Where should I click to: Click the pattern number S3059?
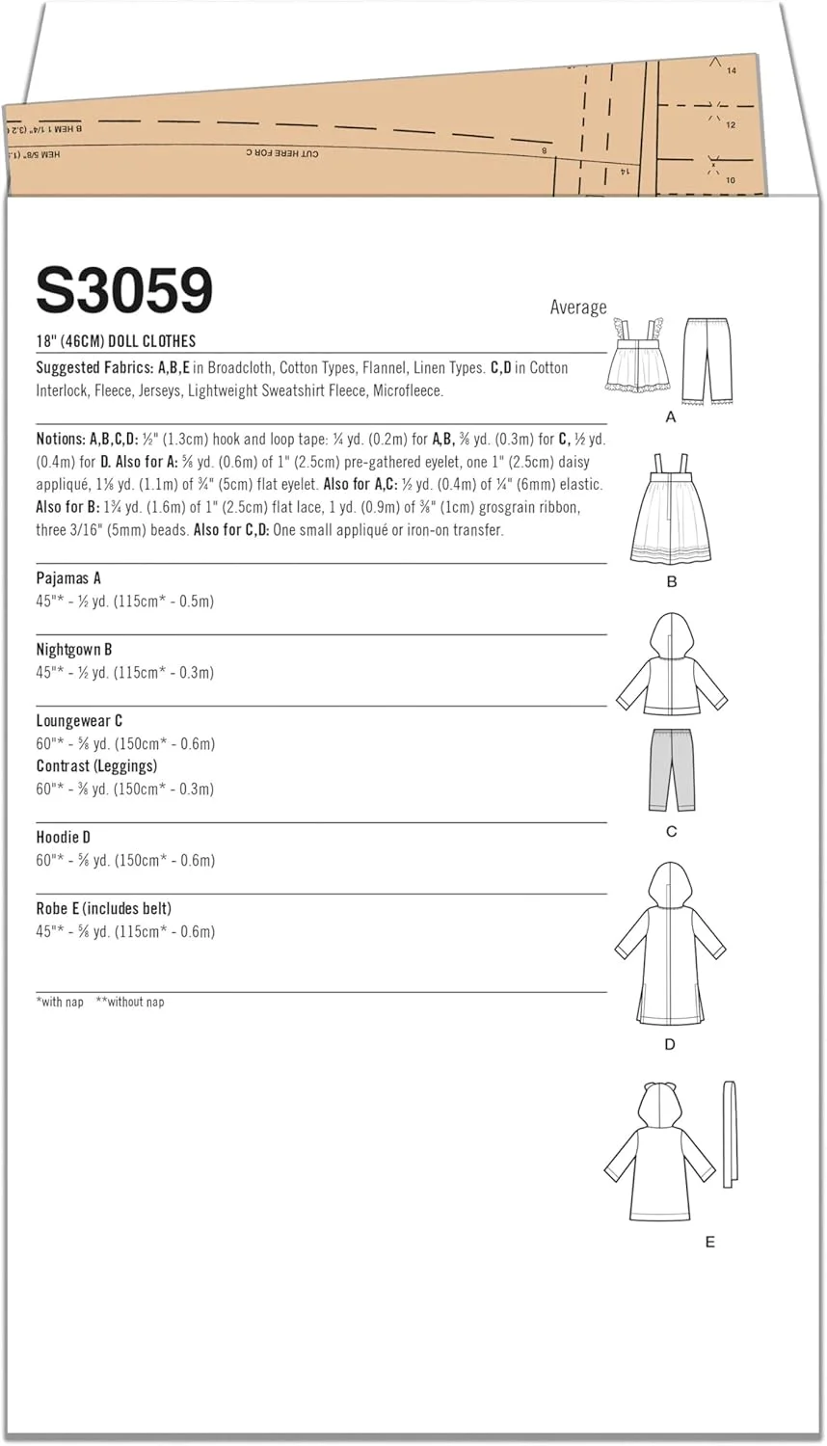click(124, 289)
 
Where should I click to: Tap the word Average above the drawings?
click(578, 307)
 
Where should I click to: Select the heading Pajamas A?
click(68, 578)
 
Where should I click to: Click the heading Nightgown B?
click(74, 650)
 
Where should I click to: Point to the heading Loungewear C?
click(79, 721)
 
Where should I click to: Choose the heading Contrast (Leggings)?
click(96, 766)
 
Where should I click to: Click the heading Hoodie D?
click(64, 838)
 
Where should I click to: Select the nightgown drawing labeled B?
click(671, 511)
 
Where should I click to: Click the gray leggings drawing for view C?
click(672, 768)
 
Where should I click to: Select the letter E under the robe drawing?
click(710, 1243)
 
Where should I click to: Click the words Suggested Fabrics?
click(94, 368)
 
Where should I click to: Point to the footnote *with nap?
click(60, 1003)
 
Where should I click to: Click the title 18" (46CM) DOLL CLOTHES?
click(116, 341)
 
